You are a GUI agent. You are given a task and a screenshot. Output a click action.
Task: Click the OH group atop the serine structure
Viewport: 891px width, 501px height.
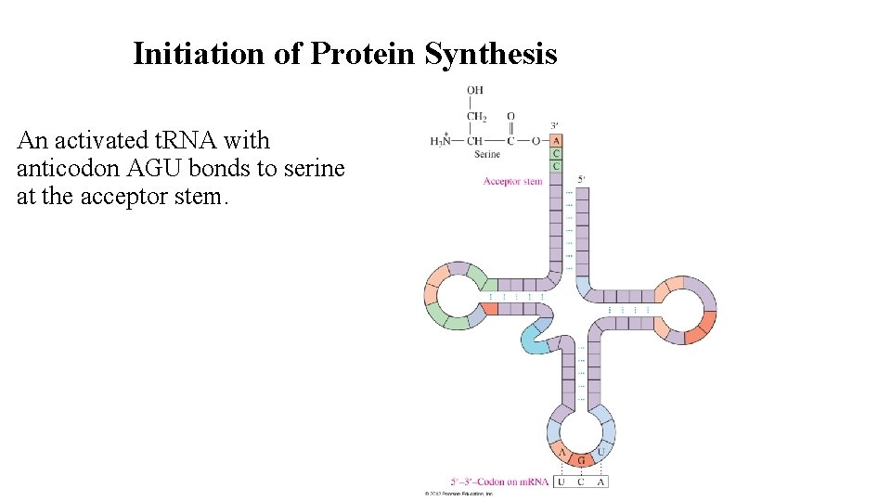point(475,90)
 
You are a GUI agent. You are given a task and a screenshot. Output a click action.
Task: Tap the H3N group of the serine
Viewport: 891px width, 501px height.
point(442,141)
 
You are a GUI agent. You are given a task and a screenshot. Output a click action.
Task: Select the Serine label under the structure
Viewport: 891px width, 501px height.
point(487,154)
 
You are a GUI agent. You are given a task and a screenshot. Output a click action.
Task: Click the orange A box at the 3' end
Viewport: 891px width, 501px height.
point(556,141)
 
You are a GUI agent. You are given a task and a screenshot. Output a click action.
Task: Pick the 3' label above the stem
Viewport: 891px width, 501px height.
point(554,126)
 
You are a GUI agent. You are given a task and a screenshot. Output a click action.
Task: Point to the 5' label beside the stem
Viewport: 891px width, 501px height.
point(581,179)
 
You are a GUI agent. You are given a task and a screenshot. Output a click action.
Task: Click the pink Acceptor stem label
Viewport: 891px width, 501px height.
point(512,181)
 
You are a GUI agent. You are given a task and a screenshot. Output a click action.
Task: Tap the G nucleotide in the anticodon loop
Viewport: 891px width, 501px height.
point(581,460)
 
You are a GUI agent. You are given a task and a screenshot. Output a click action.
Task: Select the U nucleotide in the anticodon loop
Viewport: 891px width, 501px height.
point(600,452)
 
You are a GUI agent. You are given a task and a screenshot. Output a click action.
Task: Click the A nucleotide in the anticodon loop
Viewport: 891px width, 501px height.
point(562,452)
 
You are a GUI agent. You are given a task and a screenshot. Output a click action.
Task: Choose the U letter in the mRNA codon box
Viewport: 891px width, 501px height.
point(562,482)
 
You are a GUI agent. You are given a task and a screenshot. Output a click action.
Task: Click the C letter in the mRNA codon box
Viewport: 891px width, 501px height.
point(581,482)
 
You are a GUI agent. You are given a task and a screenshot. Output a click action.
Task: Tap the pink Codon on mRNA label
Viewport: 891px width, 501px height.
point(498,482)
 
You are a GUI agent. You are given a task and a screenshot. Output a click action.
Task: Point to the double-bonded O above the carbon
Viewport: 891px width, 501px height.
point(510,117)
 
